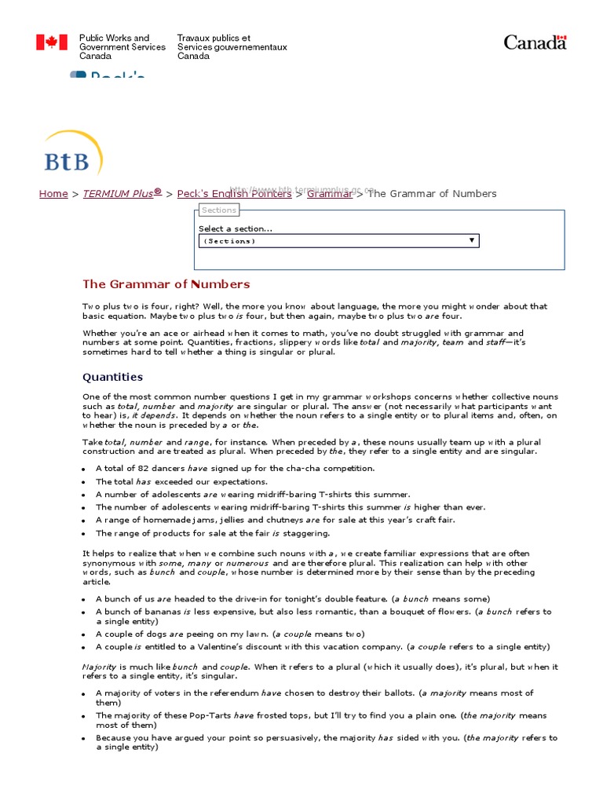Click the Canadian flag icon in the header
pos(52,42)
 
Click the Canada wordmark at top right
pos(535,42)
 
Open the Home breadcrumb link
pos(53,194)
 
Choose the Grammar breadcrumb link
pos(330,194)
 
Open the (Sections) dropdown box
pos(338,241)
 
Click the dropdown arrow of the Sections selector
pos(472,240)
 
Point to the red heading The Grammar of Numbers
pos(166,284)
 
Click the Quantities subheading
pos(113,377)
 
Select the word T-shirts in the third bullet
pos(316,495)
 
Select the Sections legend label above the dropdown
pos(218,210)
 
